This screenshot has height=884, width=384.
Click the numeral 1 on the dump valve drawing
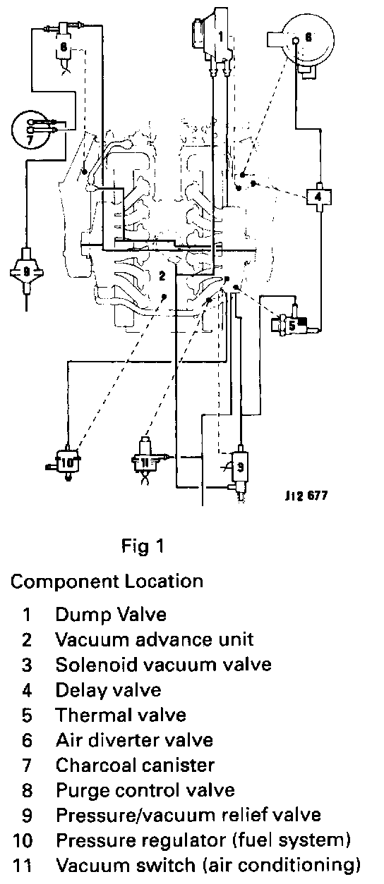(221, 37)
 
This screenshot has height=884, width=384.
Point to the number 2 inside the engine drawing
(162, 276)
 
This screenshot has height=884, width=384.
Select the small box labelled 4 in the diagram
(319, 196)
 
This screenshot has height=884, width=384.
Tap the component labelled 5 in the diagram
(292, 325)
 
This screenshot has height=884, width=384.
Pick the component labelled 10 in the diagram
(67, 462)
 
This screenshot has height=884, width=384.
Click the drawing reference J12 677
(306, 496)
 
